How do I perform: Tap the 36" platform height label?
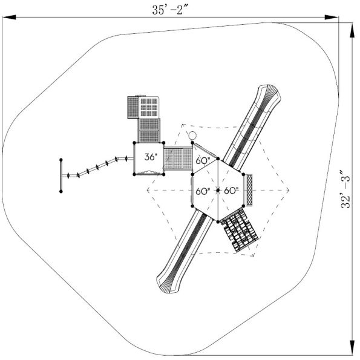click(x=151, y=157)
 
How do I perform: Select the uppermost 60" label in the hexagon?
click(x=203, y=161)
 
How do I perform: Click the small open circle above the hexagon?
click(x=192, y=136)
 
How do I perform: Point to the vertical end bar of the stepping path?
click(x=61, y=175)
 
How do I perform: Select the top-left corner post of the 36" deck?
click(x=134, y=143)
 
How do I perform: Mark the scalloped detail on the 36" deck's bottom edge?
click(x=149, y=173)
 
